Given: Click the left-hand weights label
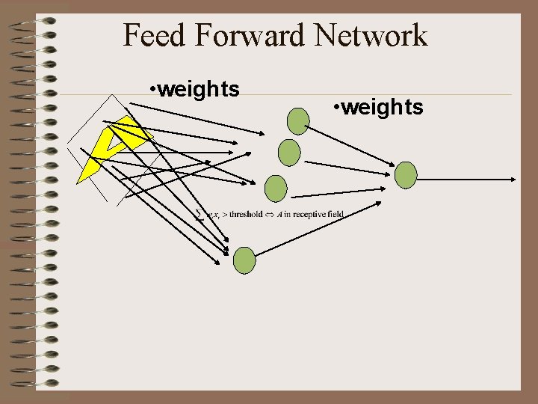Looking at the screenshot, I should pyautogui.click(x=199, y=90).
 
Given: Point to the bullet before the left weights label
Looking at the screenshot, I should pyautogui.click(x=152, y=91).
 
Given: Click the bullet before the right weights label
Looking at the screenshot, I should pyautogui.click(x=337, y=108).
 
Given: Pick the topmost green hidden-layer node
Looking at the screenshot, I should pyautogui.click(x=298, y=121).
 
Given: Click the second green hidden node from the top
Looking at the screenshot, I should pyautogui.click(x=289, y=153).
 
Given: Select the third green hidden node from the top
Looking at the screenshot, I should pyautogui.click(x=276, y=188).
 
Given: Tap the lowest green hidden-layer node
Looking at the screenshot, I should pyautogui.click(x=244, y=260).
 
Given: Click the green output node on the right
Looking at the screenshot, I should pyautogui.click(x=406, y=175).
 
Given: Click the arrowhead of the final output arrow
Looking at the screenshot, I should pyautogui.click(x=513, y=179).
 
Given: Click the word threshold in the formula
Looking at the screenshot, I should pyautogui.click(x=245, y=215).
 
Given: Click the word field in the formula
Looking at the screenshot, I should pyautogui.click(x=336, y=215).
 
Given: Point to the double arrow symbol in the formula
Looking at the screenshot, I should pyautogui.click(x=270, y=215).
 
